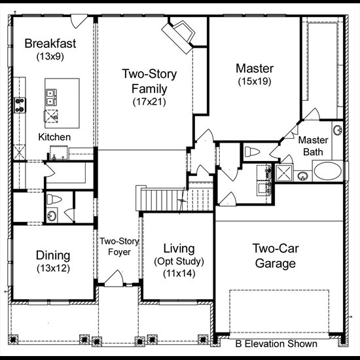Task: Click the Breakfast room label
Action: click(x=50, y=43)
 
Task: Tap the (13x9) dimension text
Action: click(x=50, y=56)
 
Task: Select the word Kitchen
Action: click(x=54, y=137)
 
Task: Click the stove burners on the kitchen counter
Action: click(x=20, y=105)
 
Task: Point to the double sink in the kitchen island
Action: click(x=51, y=98)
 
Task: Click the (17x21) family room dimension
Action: click(x=149, y=102)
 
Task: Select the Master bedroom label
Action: click(x=255, y=69)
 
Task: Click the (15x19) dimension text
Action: click(x=255, y=81)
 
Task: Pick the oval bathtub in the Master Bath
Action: click(x=328, y=171)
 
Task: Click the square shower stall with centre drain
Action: click(x=284, y=173)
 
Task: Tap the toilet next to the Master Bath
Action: click(x=252, y=152)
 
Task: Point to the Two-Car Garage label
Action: click(x=276, y=256)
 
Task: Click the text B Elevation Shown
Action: click(x=276, y=344)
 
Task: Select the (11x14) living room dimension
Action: click(x=179, y=274)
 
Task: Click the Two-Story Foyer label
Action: click(x=119, y=247)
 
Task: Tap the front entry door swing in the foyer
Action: click(x=114, y=278)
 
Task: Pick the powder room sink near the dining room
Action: click(x=52, y=215)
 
